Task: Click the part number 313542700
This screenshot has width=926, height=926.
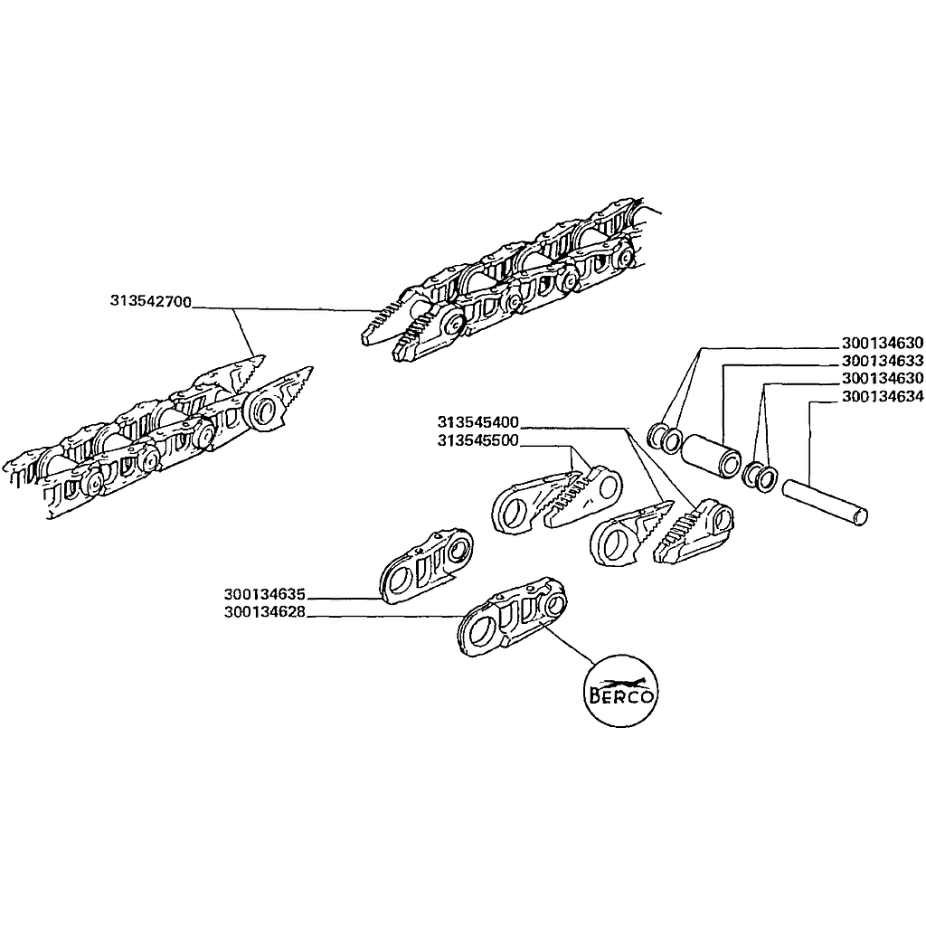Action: (x=151, y=301)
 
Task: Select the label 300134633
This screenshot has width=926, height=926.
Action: (x=883, y=360)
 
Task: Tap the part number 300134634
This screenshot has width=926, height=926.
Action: (x=883, y=396)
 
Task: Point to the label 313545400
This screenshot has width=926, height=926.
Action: (x=477, y=422)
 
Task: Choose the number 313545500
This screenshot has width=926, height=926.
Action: (x=477, y=440)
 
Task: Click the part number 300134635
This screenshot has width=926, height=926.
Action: (x=265, y=593)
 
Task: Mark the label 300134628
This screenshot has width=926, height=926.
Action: (x=265, y=612)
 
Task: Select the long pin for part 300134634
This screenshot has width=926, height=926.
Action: (x=825, y=503)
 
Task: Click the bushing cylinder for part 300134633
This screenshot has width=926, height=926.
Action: (x=711, y=456)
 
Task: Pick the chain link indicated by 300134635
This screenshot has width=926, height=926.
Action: (x=425, y=566)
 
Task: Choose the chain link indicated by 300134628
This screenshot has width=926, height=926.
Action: (x=512, y=617)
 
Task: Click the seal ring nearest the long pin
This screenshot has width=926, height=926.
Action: (x=767, y=479)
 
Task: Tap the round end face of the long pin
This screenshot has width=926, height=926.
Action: (x=862, y=516)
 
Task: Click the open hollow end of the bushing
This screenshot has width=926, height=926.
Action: (x=731, y=464)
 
